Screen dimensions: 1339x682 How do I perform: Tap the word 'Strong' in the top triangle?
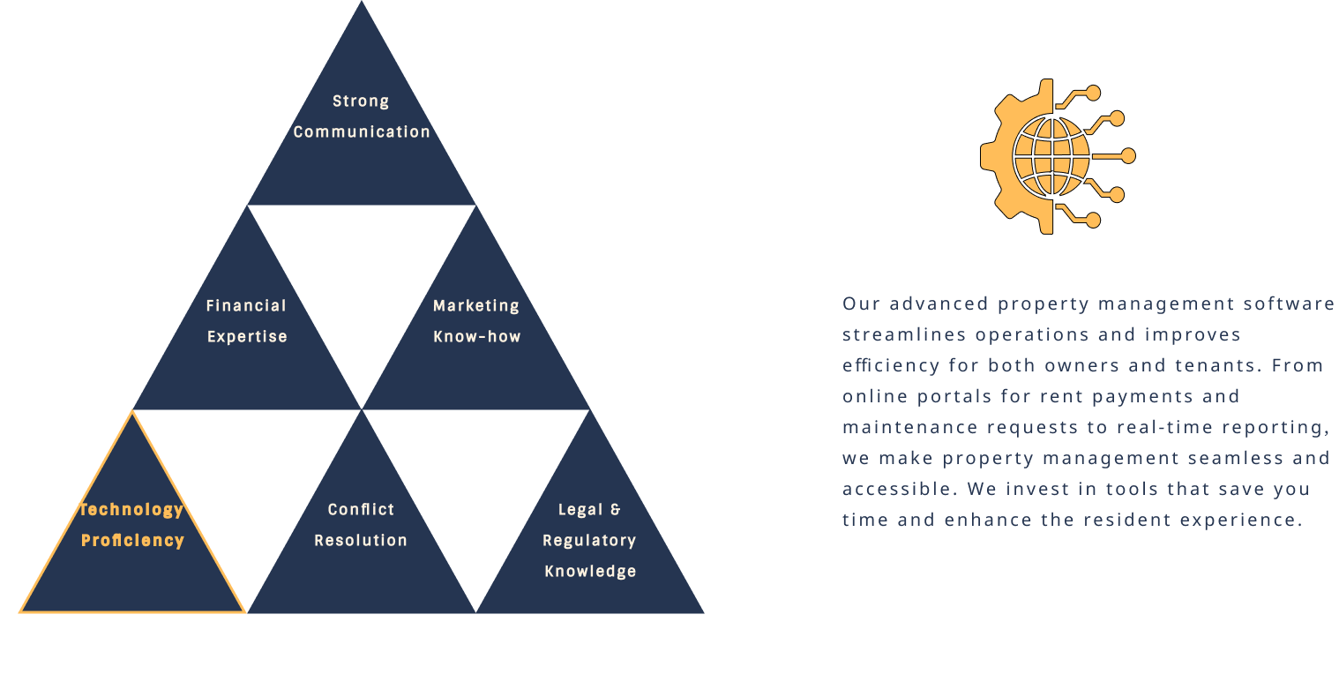(x=361, y=101)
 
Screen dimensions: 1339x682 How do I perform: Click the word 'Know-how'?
(x=477, y=337)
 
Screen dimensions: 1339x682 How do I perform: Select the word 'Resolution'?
(x=361, y=541)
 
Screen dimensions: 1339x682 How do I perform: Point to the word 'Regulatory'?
(x=589, y=541)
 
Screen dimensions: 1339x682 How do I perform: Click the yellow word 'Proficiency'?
(x=132, y=541)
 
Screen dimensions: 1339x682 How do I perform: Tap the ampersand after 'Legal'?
(x=615, y=510)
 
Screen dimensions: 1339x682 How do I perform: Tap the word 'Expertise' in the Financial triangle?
(x=247, y=337)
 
